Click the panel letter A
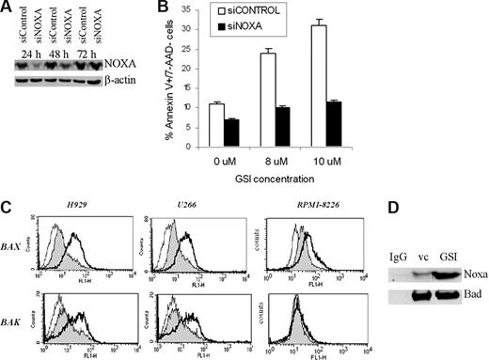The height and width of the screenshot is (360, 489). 8,8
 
